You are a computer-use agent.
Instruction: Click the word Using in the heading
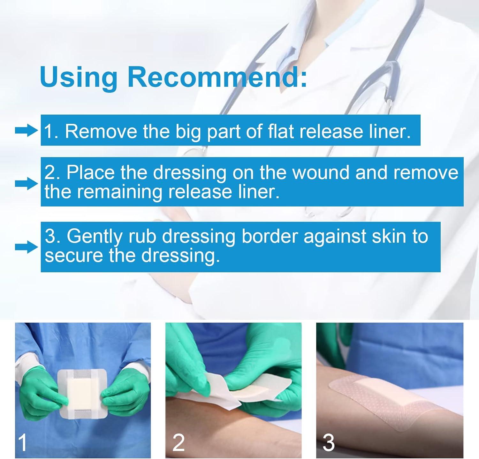pos(79,77)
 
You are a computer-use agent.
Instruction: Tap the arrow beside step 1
pos(26,131)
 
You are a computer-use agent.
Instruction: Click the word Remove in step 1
pos(101,131)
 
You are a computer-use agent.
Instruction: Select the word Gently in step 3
pos(95,236)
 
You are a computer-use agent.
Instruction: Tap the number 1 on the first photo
pos(23,443)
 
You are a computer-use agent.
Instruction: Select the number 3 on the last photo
pos(329,443)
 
